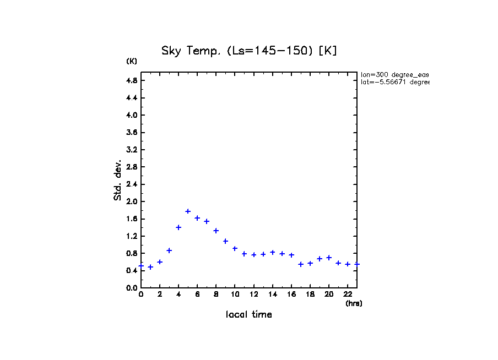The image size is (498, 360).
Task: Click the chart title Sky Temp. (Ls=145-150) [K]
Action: tap(248, 51)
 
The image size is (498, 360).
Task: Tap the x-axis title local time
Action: tap(248, 315)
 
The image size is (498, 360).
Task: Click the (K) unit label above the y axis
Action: tap(132, 61)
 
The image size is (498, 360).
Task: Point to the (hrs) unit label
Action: tap(354, 303)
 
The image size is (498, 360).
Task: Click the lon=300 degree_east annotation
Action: tap(394, 74)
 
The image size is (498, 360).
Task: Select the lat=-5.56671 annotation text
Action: tap(394, 82)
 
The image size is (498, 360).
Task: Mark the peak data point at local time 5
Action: tap(188, 211)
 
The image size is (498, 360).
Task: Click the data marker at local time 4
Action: tap(178, 227)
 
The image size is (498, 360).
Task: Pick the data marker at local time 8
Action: tap(216, 231)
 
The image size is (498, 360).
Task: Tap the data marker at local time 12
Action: tap(254, 255)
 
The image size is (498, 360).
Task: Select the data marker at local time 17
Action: tap(301, 264)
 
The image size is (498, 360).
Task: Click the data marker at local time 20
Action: tap(329, 258)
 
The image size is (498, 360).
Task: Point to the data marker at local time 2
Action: tap(160, 262)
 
